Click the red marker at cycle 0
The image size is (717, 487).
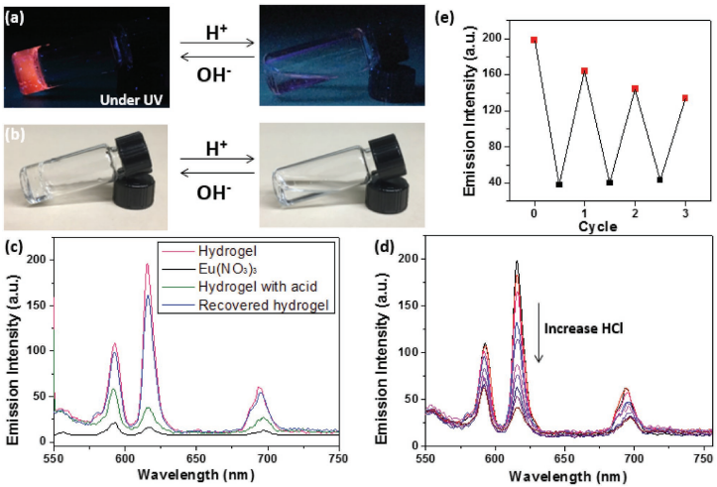(535, 40)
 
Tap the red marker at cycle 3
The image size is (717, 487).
(685, 98)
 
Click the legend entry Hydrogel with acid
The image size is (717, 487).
(258, 287)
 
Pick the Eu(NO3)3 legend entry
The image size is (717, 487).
(224, 269)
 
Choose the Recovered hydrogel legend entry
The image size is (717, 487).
(264, 305)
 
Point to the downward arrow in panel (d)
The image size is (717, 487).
(539, 332)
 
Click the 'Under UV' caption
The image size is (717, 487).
(131, 99)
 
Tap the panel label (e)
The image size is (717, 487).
(446, 18)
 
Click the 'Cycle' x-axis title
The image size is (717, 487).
(598, 226)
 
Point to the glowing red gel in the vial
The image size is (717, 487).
(30, 66)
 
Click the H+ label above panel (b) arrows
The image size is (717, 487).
(217, 149)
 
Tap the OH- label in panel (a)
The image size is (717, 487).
(213, 75)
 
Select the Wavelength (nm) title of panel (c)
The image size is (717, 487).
(195, 475)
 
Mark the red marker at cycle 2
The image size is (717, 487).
(635, 88)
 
